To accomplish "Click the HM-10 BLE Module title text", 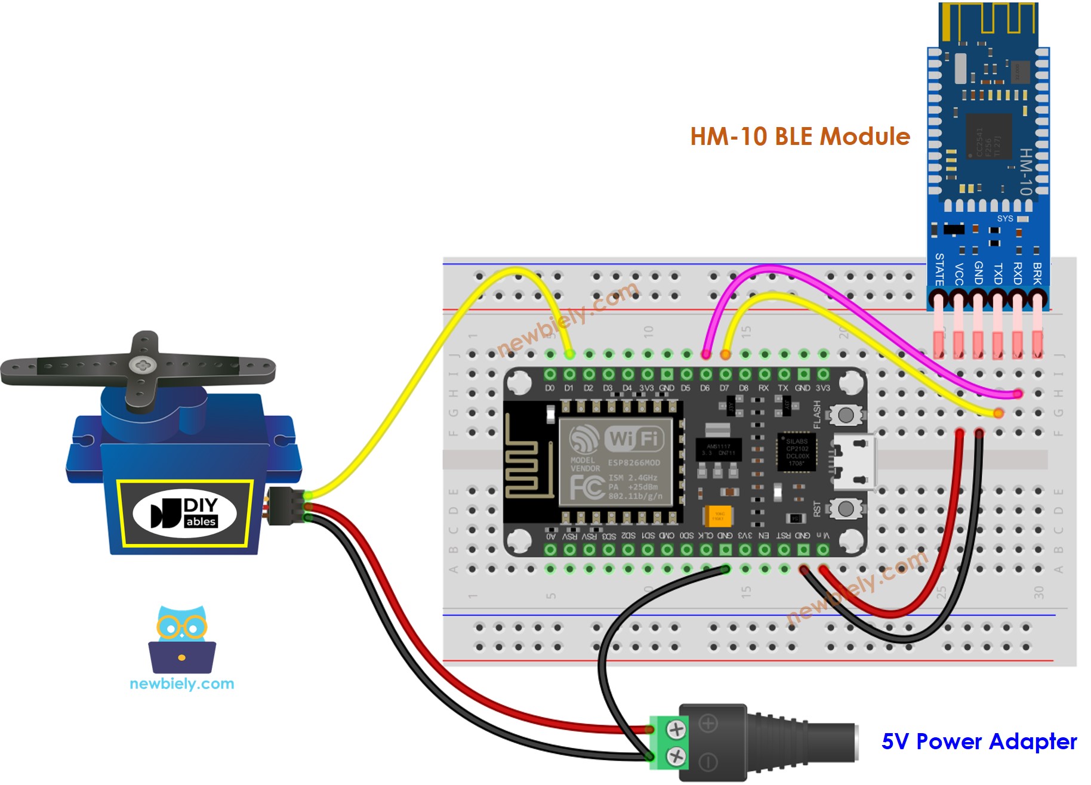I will coord(800,137).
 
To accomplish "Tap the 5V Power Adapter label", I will coord(979,741).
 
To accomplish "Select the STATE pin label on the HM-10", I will coord(939,269).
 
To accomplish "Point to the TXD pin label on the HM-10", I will coord(998,273).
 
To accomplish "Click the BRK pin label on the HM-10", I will coord(1037,273).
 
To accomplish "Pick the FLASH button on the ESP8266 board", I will coord(845,415).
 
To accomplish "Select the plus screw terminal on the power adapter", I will coord(676,728).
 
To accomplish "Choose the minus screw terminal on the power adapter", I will coord(676,757).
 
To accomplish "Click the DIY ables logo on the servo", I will coord(184,513).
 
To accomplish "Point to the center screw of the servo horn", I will coord(142,363).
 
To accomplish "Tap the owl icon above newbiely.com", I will coord(182,639).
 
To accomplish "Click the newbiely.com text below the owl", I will coord(182,684).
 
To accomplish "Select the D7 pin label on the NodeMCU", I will coord(724,388).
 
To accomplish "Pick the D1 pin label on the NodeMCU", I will coord(569,388).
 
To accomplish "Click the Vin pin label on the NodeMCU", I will coord(823,536).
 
